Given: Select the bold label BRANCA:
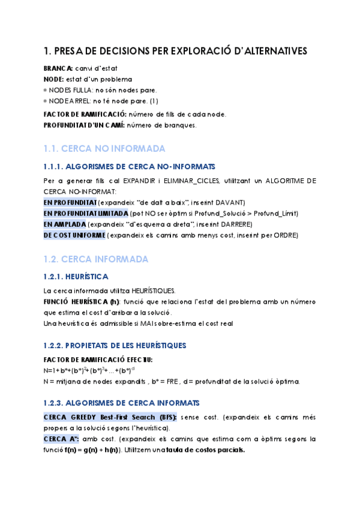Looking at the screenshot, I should (58, 69).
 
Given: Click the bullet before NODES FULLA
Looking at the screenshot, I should (46, 90).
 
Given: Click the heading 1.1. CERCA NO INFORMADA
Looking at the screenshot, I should (104, 148).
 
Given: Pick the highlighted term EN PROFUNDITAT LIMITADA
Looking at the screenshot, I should (86, 213).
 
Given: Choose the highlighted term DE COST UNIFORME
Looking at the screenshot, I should (74, 235).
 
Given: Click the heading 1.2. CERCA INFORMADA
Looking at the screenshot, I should (96, 259).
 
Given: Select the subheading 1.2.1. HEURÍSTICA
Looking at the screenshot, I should (76, 277).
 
